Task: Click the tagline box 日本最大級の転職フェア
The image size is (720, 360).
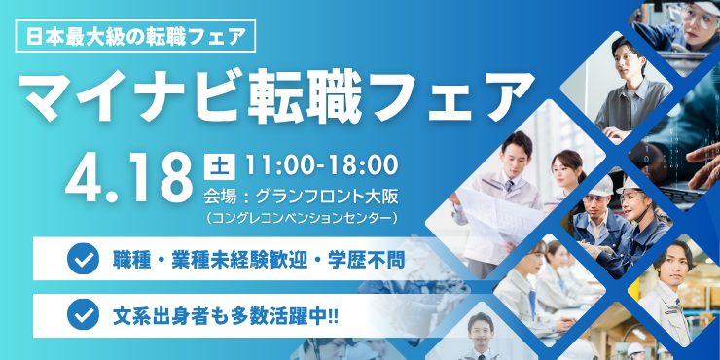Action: pos(136,38)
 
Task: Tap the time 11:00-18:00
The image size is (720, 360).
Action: pos(321,162)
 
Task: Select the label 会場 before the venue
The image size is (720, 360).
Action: pos(223,191)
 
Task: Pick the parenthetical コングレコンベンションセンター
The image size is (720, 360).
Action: pos(302,215)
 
